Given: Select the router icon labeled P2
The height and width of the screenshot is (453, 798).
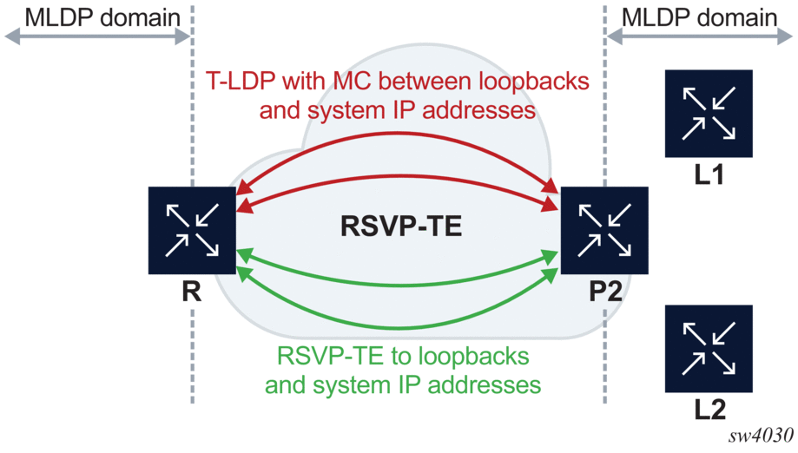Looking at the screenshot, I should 605,230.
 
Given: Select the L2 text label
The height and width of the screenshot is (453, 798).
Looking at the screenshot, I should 709,408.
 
